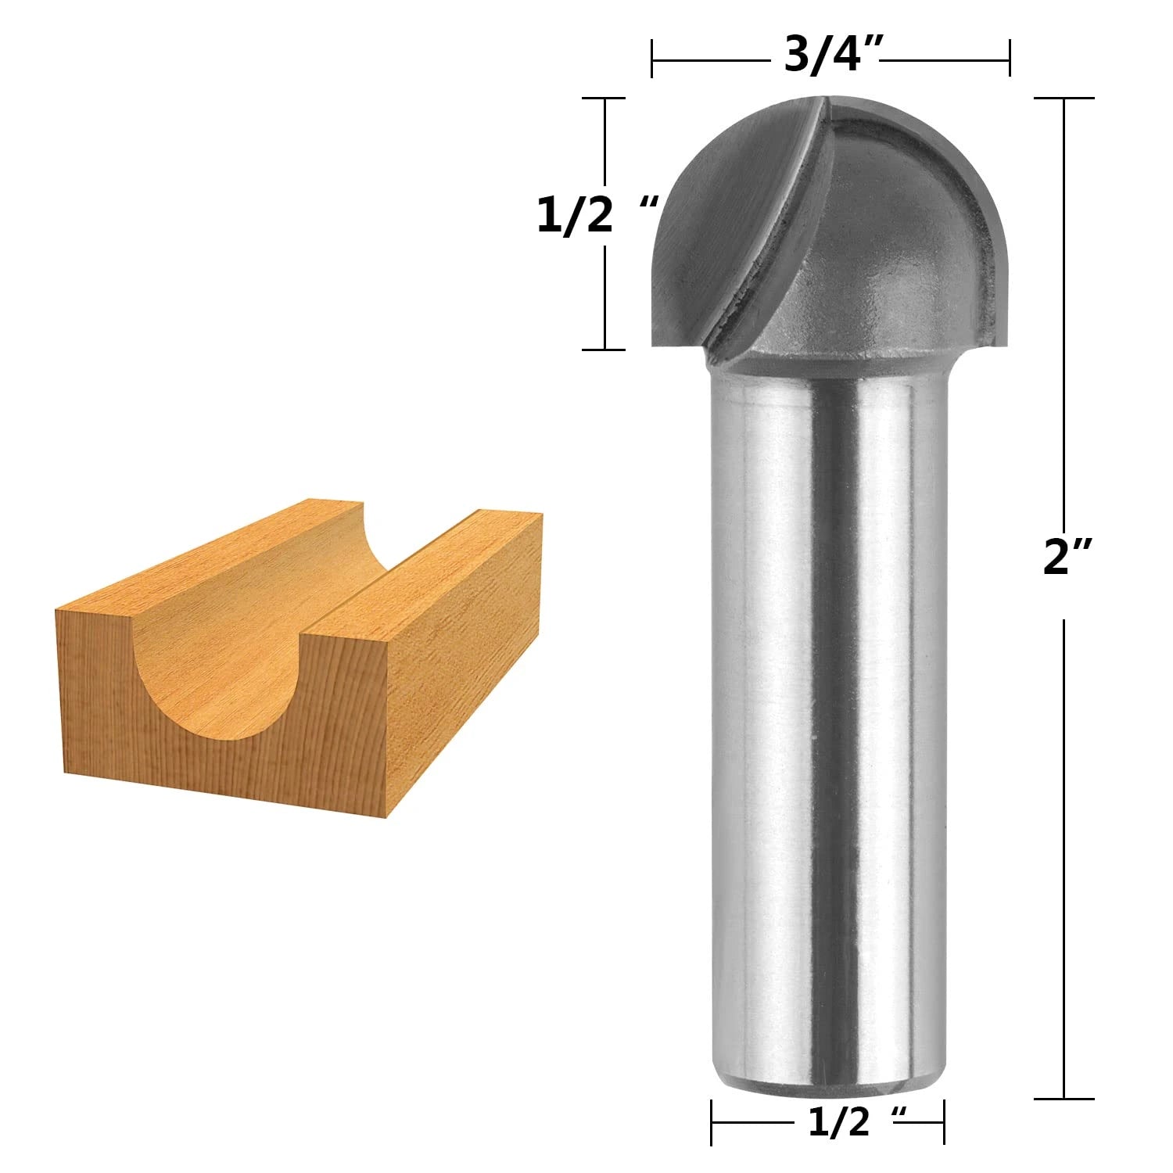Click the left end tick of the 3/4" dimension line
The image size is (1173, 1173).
pyautogui.click(x=652, y=59)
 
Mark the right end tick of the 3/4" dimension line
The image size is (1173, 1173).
pyautogui.click(x=1010, y=59)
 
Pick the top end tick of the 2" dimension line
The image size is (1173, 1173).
pyautogui.click(x=1064, y=99)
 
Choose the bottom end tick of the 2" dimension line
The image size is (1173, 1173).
pyautogui.click(x=1064, y=1099)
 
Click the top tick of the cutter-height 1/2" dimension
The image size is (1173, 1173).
pyautogui.click(x=604, y=99)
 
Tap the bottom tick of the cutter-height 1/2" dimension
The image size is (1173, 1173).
pyautogui.click(x=604, y=350)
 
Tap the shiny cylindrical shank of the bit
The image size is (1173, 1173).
pyautogui.click(x=829, y=704)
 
